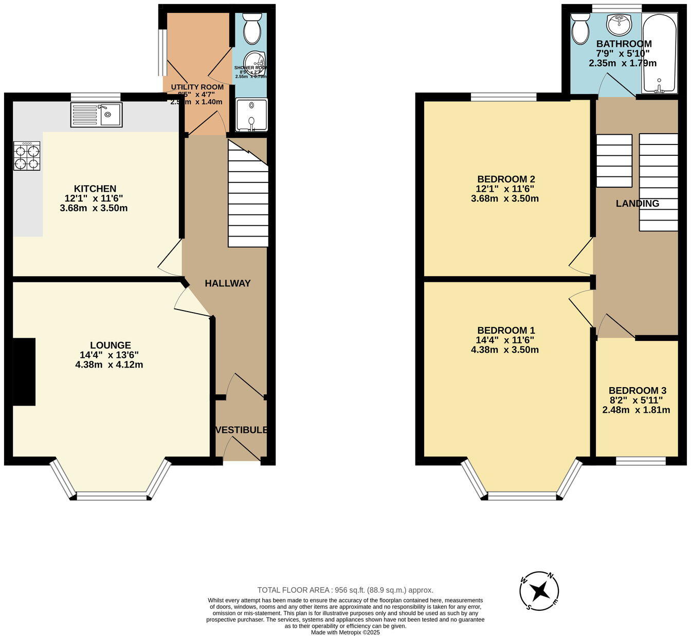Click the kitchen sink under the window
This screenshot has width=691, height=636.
[x=96, y=115]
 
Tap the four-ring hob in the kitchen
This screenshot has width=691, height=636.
[x=27, y=156]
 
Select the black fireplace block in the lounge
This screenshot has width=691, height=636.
[x=24, y=372]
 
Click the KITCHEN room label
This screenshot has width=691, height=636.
[x=95, y=189]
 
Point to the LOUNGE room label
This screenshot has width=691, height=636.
[x=110, y=346]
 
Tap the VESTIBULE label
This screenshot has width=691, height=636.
[x=242, y=430]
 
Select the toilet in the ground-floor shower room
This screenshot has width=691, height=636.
[x=252, y=29]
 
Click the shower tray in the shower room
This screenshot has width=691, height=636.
[x=251, y=115]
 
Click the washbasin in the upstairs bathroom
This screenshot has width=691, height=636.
[x=619, y=22]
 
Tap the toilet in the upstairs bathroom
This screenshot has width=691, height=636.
[x=581, y=30]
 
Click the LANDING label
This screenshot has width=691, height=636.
[x=638, y=204]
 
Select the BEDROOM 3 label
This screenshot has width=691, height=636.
[x=637, y=391]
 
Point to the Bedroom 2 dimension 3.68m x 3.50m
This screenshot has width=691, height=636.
[x=505, y=198]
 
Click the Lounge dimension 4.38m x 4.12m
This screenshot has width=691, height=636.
[x=109, y=365]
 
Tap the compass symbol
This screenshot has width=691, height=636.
[x=539, y=591]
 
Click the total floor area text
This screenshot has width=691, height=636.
[x=345, y=590]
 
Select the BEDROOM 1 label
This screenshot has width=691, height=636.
[x=506, y=331]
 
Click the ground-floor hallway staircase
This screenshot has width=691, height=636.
[x=248, y=195]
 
